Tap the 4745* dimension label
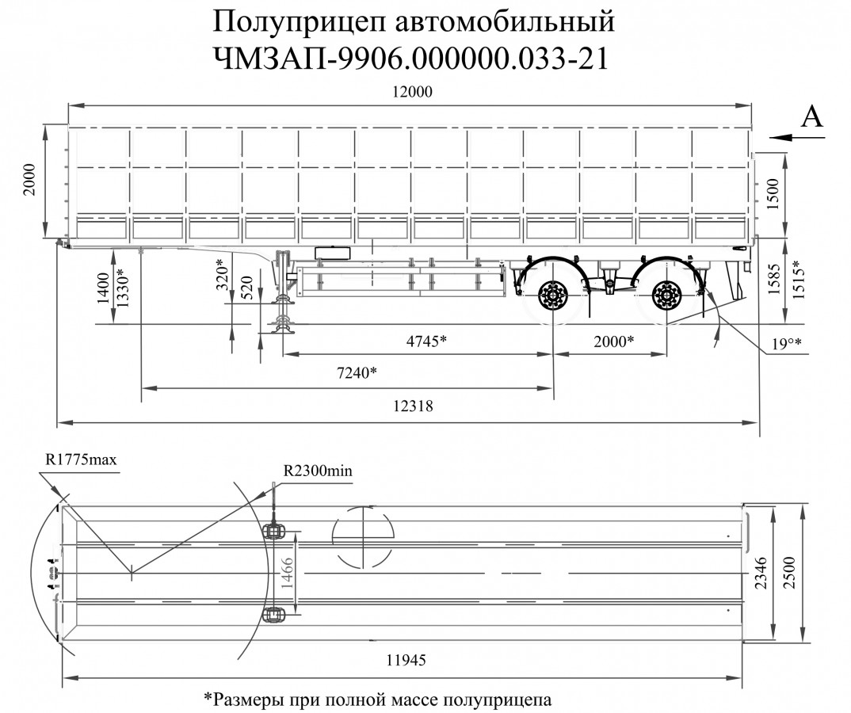(426, 341)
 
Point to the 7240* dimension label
(356, 373)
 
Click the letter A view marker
(812, 116)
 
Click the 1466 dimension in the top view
(288, 570)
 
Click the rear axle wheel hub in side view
(664, 297)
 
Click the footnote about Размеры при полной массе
(377, 700)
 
